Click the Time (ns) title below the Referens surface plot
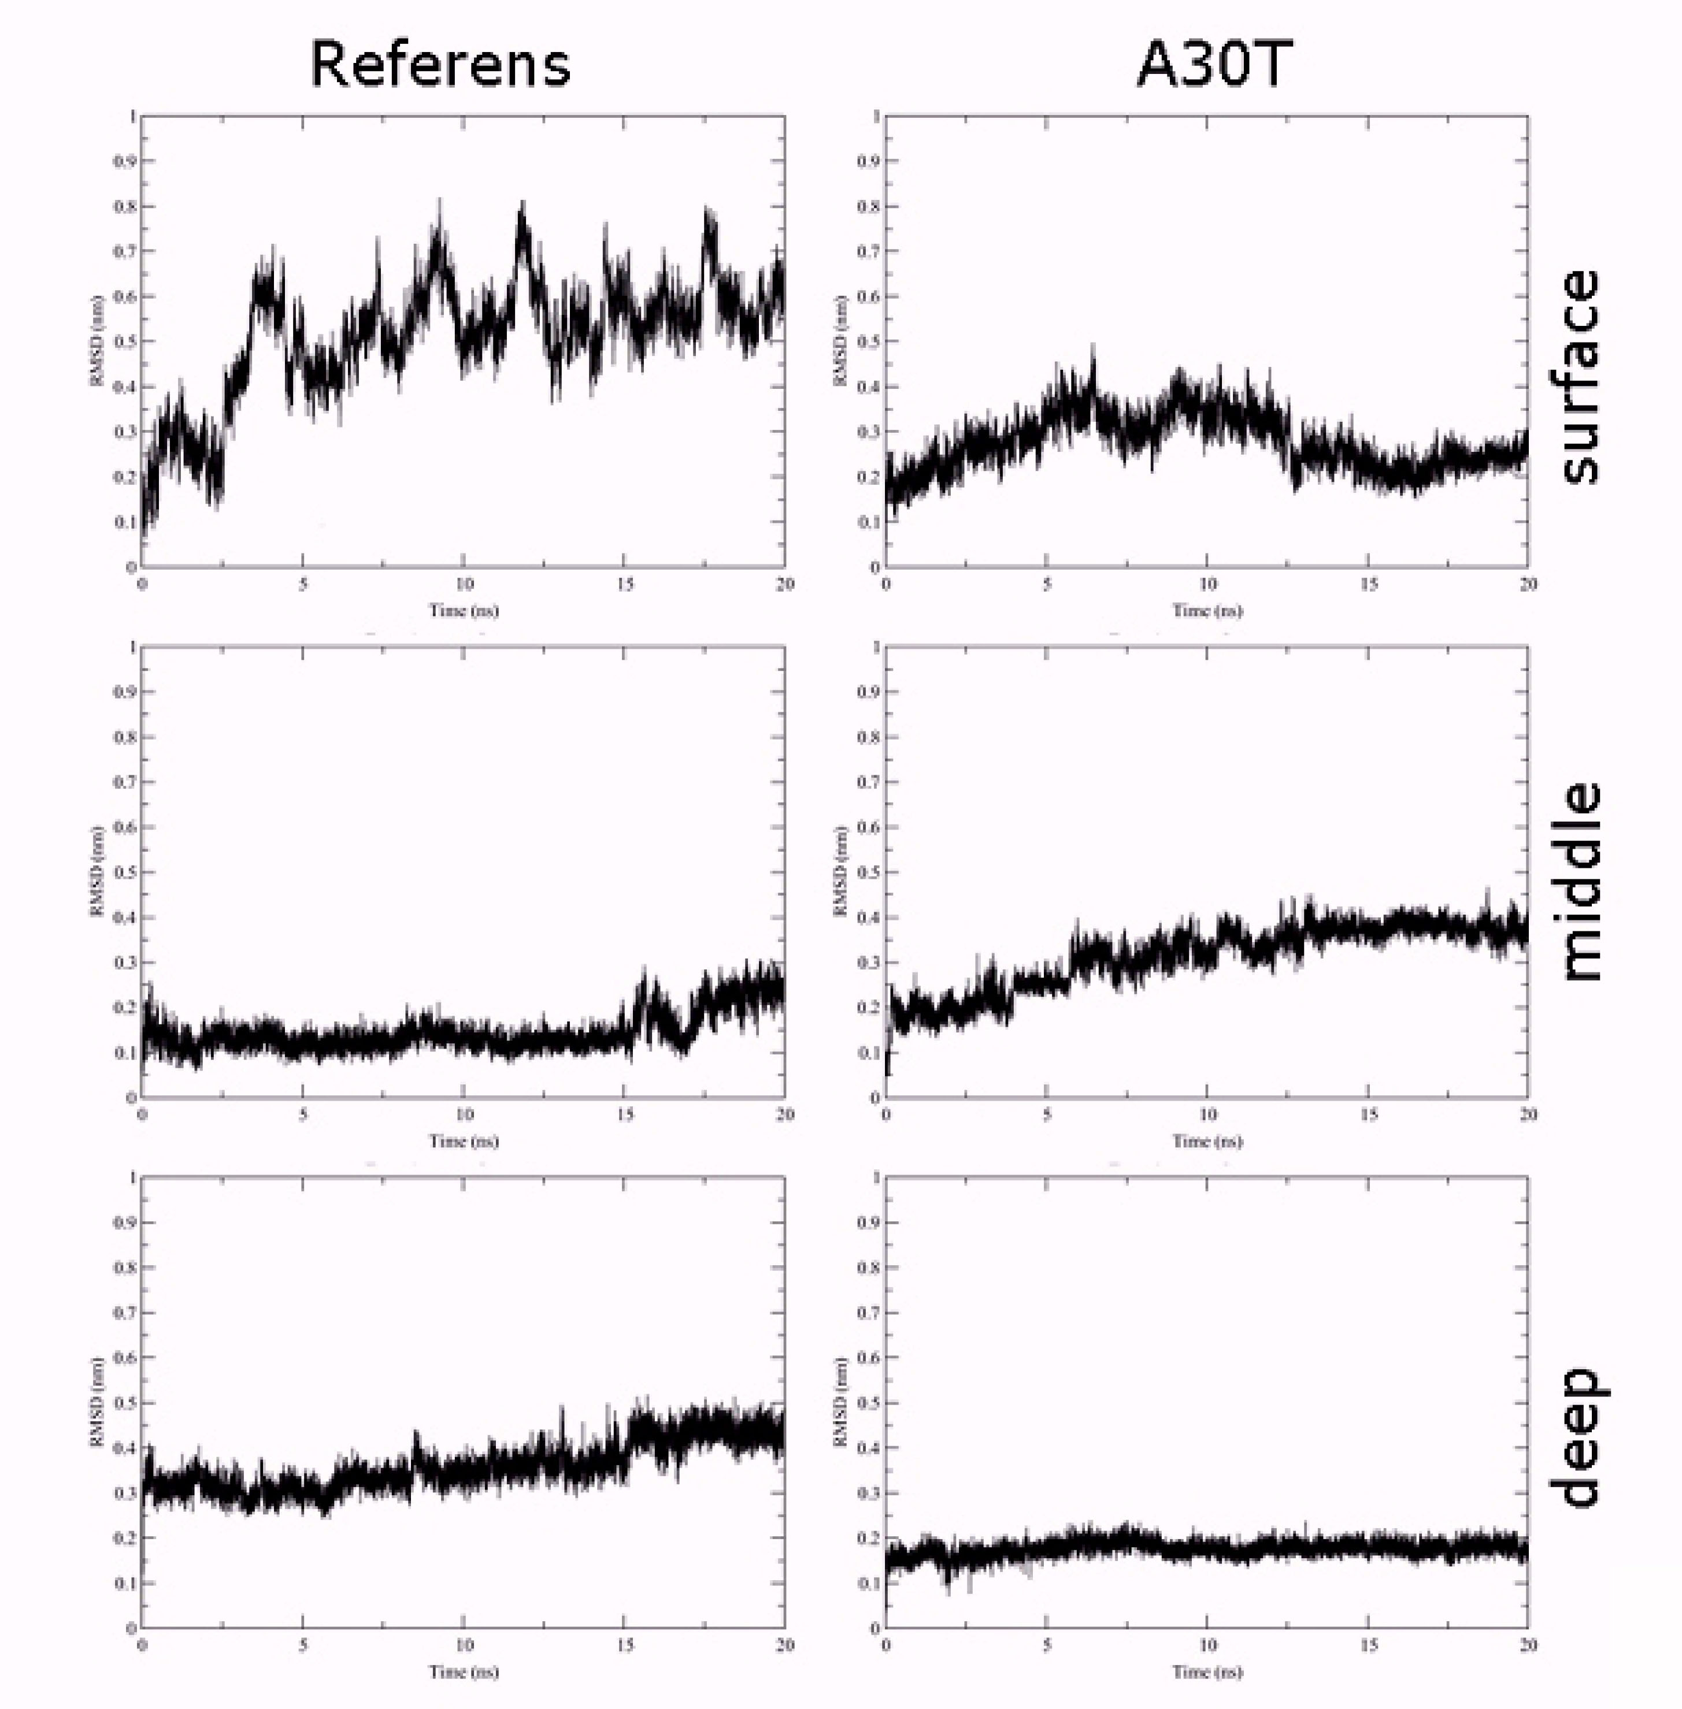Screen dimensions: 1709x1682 click(x=464, y=610)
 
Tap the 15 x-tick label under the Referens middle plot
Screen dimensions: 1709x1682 click(x=625, y=1114)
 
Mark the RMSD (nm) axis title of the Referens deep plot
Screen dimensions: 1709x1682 click(x=97, y=1403)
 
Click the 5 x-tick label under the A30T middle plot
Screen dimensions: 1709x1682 click(x=1047, y=1114)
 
